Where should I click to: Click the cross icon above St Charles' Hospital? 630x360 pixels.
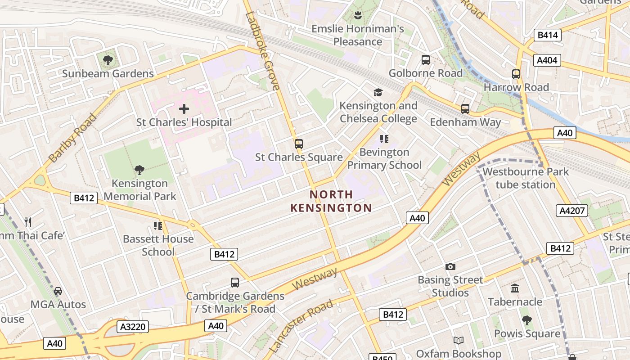(x=184, y=108)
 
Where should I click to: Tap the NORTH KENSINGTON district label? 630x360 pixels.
(x=331, y=201)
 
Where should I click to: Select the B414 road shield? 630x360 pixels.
(x=548, y=35)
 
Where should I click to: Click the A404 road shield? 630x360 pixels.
(x=547, y=60)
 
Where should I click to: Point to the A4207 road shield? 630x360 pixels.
(x=571, y=210)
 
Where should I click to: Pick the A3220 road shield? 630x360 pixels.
(x=133, y=327)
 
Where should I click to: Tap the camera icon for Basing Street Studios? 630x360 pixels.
(x=450, y=267)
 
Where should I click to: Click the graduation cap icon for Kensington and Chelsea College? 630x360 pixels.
(x=378, y=92)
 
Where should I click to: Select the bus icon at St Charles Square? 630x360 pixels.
(x=298, y=144)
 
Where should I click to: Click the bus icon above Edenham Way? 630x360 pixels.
(x=465, y=109)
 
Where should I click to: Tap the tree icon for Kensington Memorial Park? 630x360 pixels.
(x=139, y=170)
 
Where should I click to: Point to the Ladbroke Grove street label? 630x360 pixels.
(x=263, y=51)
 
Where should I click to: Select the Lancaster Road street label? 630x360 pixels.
(x=301, y=325)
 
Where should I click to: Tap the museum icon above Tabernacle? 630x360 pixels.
(x=515, y=288)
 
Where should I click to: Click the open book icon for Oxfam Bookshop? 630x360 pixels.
(x=458, y=341)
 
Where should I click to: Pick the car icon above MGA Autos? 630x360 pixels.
(x=58, y=291)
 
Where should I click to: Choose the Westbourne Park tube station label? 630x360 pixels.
(x=525, y=178)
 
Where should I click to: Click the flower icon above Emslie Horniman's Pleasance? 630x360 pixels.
(x=358, y=16)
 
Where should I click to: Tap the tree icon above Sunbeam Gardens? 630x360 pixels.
(x=108, y=60)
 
